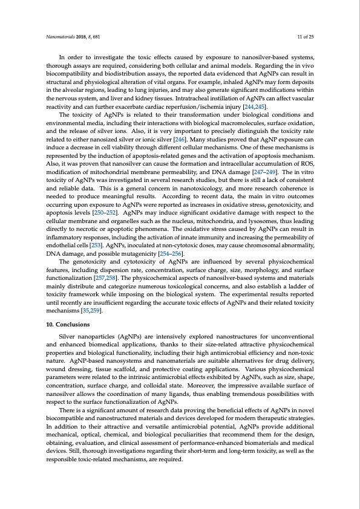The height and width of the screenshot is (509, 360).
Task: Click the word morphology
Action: [254, 274]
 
